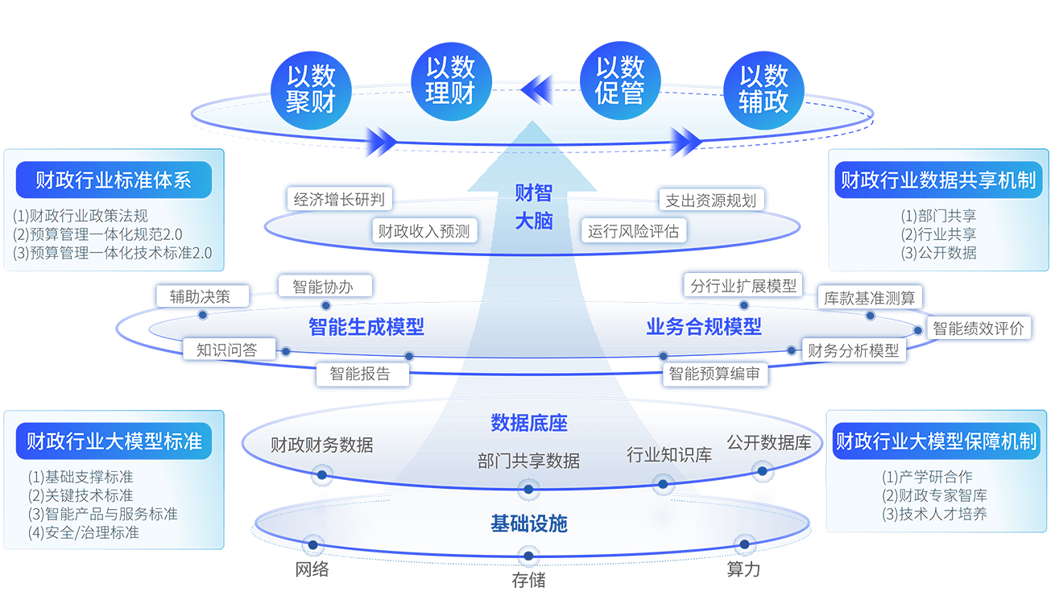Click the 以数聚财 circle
(311, 88)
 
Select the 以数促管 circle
(619, 81)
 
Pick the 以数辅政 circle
(763, 88)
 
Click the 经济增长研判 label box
(338, 200)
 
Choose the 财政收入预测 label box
(424, 231)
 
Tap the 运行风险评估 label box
(633, 231)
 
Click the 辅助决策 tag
(199, 296)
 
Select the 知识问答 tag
(226, 350)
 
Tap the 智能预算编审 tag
(714, 374)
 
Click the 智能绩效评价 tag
(978, 328)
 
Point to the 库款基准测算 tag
(869, 298)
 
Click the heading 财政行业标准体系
(113, 180)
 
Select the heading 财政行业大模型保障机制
(935, 441)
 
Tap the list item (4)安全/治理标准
(84, 532)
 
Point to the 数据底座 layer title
(528, 422)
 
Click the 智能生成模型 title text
(366, 327)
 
